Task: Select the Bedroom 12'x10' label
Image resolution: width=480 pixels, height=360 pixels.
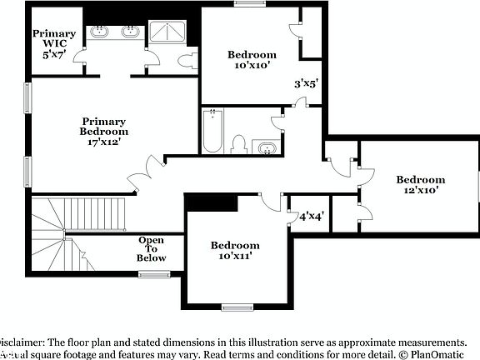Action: pos(420,184)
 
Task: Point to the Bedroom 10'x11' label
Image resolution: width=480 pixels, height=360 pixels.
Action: pos(234,251)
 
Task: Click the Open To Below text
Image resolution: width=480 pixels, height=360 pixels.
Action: pos(151,249)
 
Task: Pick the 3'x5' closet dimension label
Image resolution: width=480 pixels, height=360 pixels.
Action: pos(307,83)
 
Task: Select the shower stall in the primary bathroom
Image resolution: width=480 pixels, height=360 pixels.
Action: pos(169,33)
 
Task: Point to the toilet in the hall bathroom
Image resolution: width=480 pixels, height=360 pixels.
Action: pos(239,144)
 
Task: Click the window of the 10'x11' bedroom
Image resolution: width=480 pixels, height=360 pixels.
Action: pos(237,307)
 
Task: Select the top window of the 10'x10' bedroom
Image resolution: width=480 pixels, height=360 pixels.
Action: pos(247,3)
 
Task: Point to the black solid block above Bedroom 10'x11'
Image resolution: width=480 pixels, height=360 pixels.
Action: pos(212,202)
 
